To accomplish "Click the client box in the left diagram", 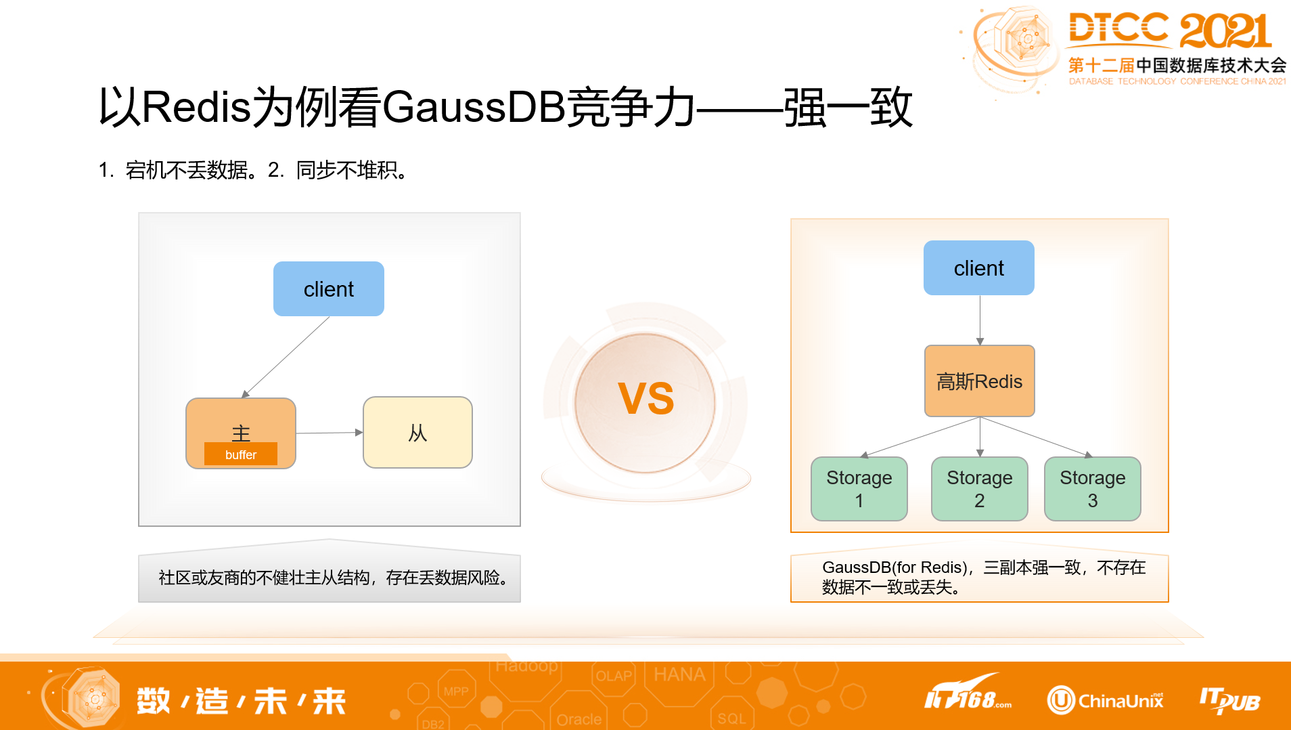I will tap(329, 289).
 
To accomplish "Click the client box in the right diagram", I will tap(978, 268).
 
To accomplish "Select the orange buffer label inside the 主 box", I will tap(241, 454).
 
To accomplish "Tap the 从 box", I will tap(417, 433).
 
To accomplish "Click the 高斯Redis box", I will tap(979, 381).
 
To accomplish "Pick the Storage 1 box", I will tap(859, 489).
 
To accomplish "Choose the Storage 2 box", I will tap(979, 489).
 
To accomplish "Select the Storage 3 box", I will tap(1092, 489).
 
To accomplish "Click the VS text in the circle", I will tap(646, 399).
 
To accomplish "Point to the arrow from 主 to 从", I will tap(329, 433).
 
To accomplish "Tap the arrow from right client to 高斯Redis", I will tap(980, 320).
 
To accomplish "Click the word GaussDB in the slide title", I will tap(473, 107).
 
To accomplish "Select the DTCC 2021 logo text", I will tap(1169, 30).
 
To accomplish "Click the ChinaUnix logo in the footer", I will tap(1106, 700).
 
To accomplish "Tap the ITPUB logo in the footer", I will tap(1229, 700).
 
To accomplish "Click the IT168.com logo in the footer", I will tap(968, 693).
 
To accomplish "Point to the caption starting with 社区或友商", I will tap(334, 578).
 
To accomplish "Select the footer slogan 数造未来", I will tap(241, 701).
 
